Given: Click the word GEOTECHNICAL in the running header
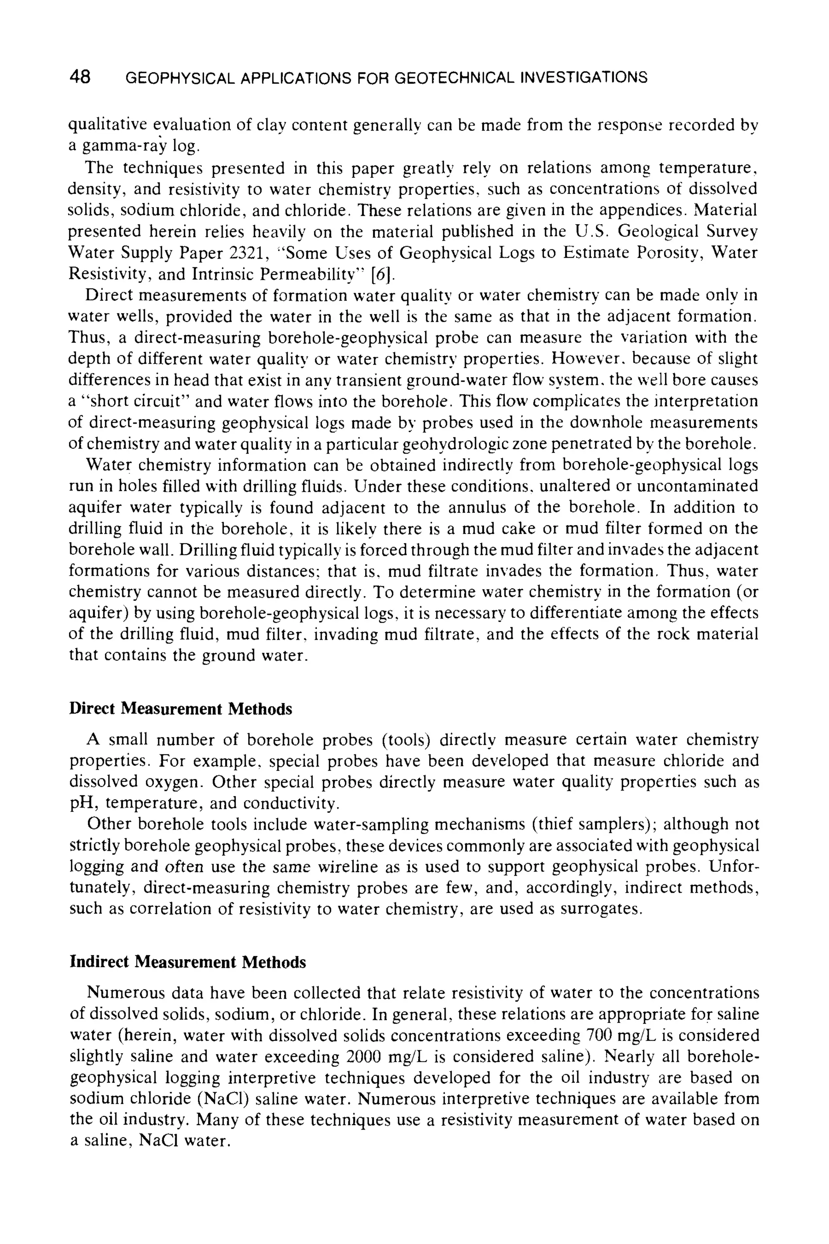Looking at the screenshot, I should [455, 78].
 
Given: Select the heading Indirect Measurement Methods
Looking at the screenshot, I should [188, 962].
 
